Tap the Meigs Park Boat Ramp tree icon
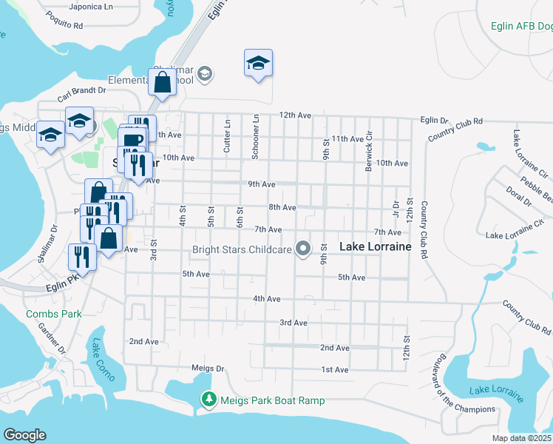pyautogui.click(x=209, y=400)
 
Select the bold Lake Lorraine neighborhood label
pyautogui.click(x=375, y=246)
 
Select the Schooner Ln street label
pyautogui.click(x=255, y=136)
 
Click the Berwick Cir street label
pyautogui.click(x=369, y=152)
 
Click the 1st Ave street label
pyautogui.click(x=334, y=369)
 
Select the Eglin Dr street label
pyautogui.click(x=434, y=120)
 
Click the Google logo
pyautogui.click(x=24, y=435)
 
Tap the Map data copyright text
pyautogui.click(x=522, y=438)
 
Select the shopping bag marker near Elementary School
pyautogui.click(x=162, y=82)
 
